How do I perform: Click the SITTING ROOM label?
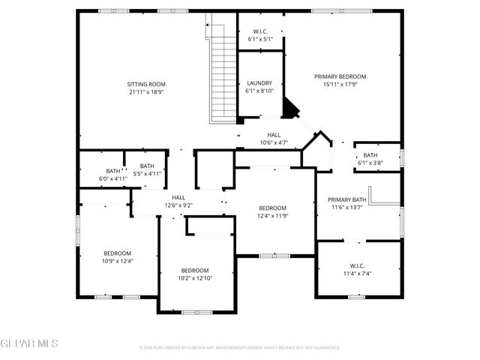[x=146, y=84]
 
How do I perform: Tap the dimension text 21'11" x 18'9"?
[x=146, y=92]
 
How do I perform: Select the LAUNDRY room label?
[x=259, y=83]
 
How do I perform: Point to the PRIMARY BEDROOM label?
[x=340, y=76]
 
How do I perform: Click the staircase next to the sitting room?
[x=222, y=71]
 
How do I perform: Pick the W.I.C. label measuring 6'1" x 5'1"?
[x=259, y=31]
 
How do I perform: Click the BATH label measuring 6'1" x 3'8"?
[x=370, y=155]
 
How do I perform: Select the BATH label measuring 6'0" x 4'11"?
[x=112, y=171]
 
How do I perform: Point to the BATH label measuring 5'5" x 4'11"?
[x=147, y=166]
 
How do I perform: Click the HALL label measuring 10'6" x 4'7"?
[x=274, y=135]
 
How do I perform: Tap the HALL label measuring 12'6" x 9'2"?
[x=178, y=196]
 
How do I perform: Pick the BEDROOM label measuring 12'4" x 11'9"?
[x=273, y=208]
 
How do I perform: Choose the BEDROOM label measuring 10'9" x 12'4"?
[x=118, y=253]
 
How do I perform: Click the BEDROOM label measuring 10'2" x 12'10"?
[x=195, y=270]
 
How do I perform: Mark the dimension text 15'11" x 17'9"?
[x=340, y=85]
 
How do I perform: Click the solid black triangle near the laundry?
[x=289, y=109]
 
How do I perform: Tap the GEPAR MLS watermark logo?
[x=29, y=343]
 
